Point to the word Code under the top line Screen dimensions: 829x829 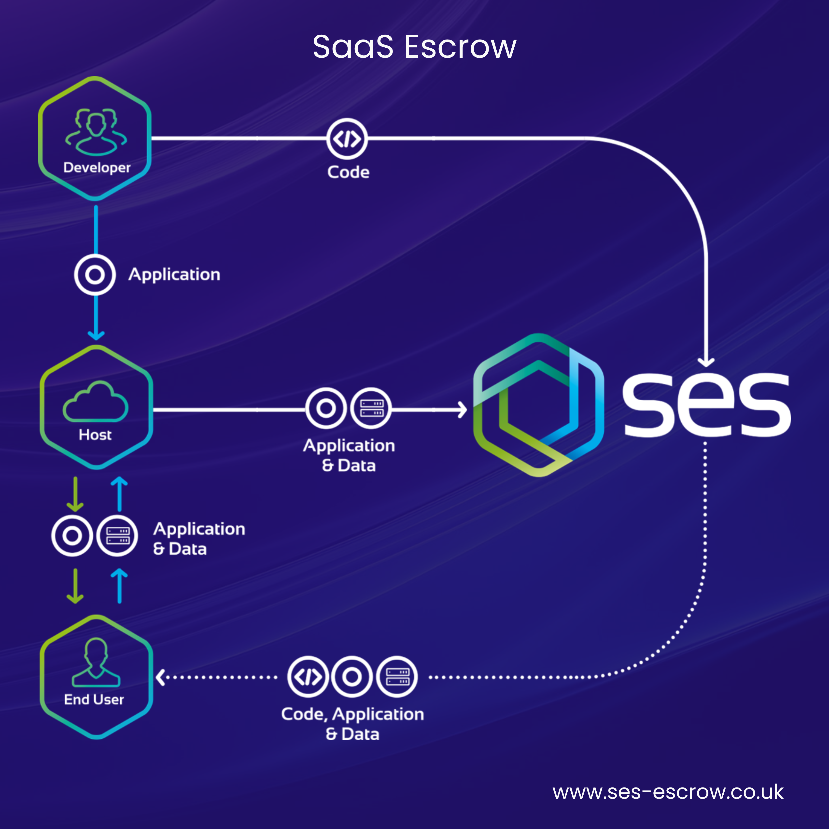(348, 172)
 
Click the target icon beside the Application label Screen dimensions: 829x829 (95, 275)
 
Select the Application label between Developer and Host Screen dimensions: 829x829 (174, 275)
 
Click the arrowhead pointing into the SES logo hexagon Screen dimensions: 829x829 (463, 410)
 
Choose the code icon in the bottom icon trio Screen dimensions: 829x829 (308, 677)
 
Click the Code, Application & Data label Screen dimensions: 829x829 (352, 724)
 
